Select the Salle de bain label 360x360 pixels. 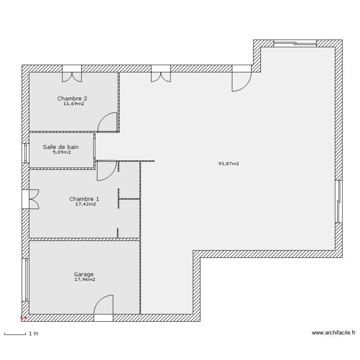coord(60,147)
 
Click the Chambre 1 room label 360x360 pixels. coord(84,199)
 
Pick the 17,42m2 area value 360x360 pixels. coord(85,204)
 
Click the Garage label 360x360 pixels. coord(84,275)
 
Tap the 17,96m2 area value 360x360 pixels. coord(84,280)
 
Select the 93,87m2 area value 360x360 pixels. coord(228,164)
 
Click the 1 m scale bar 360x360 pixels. coord(14,333)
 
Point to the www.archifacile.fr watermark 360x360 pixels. coord(333,333)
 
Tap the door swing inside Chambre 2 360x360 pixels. coord(108,122)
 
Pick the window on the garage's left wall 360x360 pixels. coord(25,281)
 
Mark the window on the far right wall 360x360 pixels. coord(340,202)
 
